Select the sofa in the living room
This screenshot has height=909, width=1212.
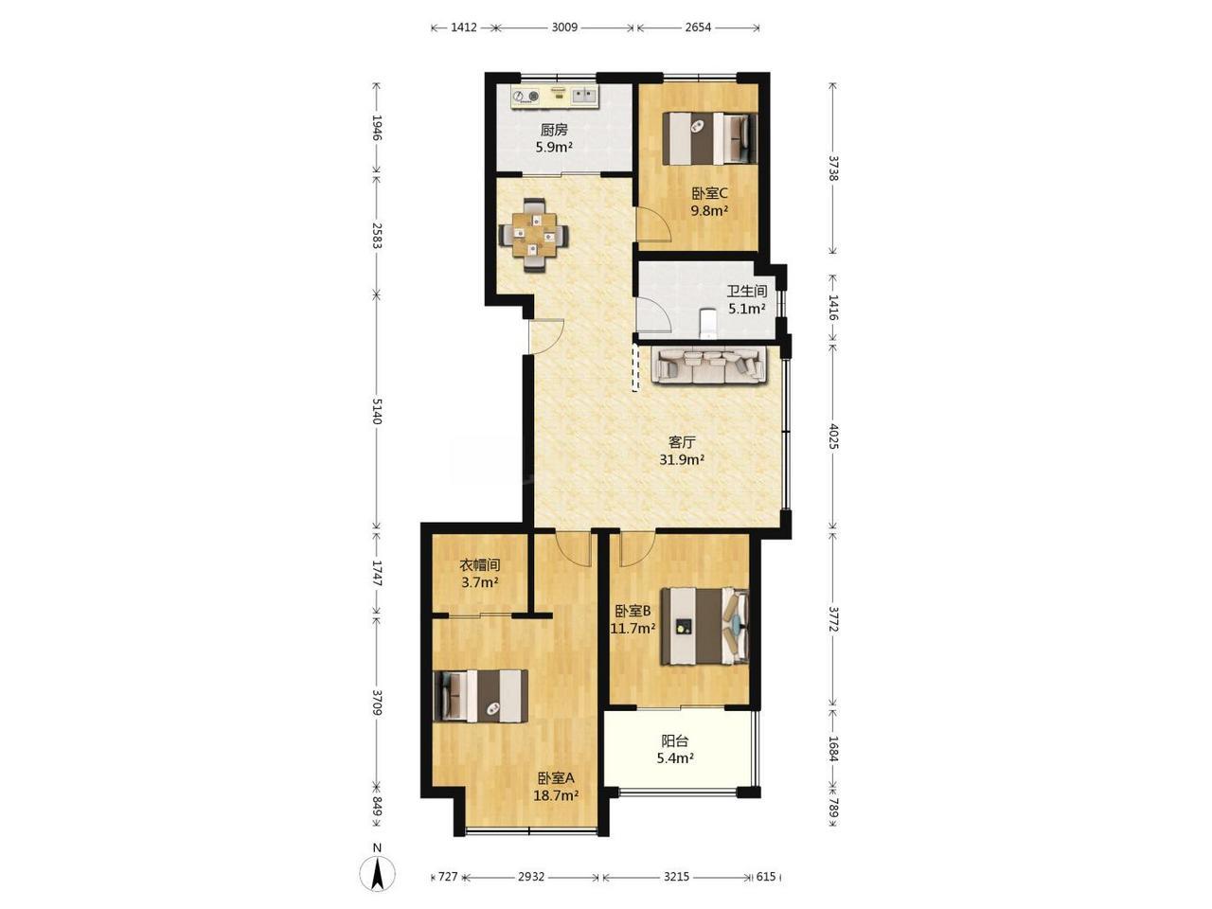[x=709, y=365]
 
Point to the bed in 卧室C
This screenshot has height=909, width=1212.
[x=709, y=138]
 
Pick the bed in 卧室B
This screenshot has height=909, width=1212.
[x=705, y=626]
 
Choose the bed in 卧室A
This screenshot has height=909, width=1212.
[x=480, y=696]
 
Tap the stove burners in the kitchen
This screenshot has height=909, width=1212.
[x=138, y=97]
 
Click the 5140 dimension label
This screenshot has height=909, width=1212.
[x=377, y=411]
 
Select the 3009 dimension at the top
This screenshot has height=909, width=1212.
[x=564, y=27]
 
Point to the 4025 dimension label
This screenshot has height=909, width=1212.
[x=833, y=436]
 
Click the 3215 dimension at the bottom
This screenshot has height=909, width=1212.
[x=676, y=877]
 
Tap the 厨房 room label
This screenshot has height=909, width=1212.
[x=554, y=131]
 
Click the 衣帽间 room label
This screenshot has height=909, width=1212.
[x=480, y=565]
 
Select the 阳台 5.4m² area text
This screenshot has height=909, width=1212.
[x=675, y=750]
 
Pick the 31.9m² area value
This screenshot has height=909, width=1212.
[x=682, y=459]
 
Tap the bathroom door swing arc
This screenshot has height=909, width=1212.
[x=653, y=314]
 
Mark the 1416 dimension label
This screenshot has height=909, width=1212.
[x=833, y=308]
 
